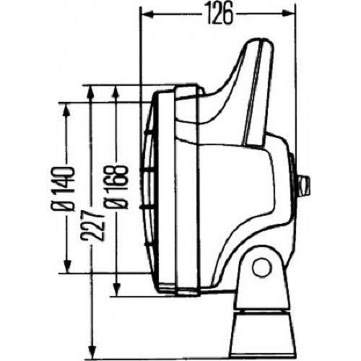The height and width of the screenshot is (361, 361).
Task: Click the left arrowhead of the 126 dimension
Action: coord(144,13)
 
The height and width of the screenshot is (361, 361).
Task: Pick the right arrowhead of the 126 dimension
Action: coord(293,13)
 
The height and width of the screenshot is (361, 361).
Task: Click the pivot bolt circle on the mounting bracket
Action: coord(261,267)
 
